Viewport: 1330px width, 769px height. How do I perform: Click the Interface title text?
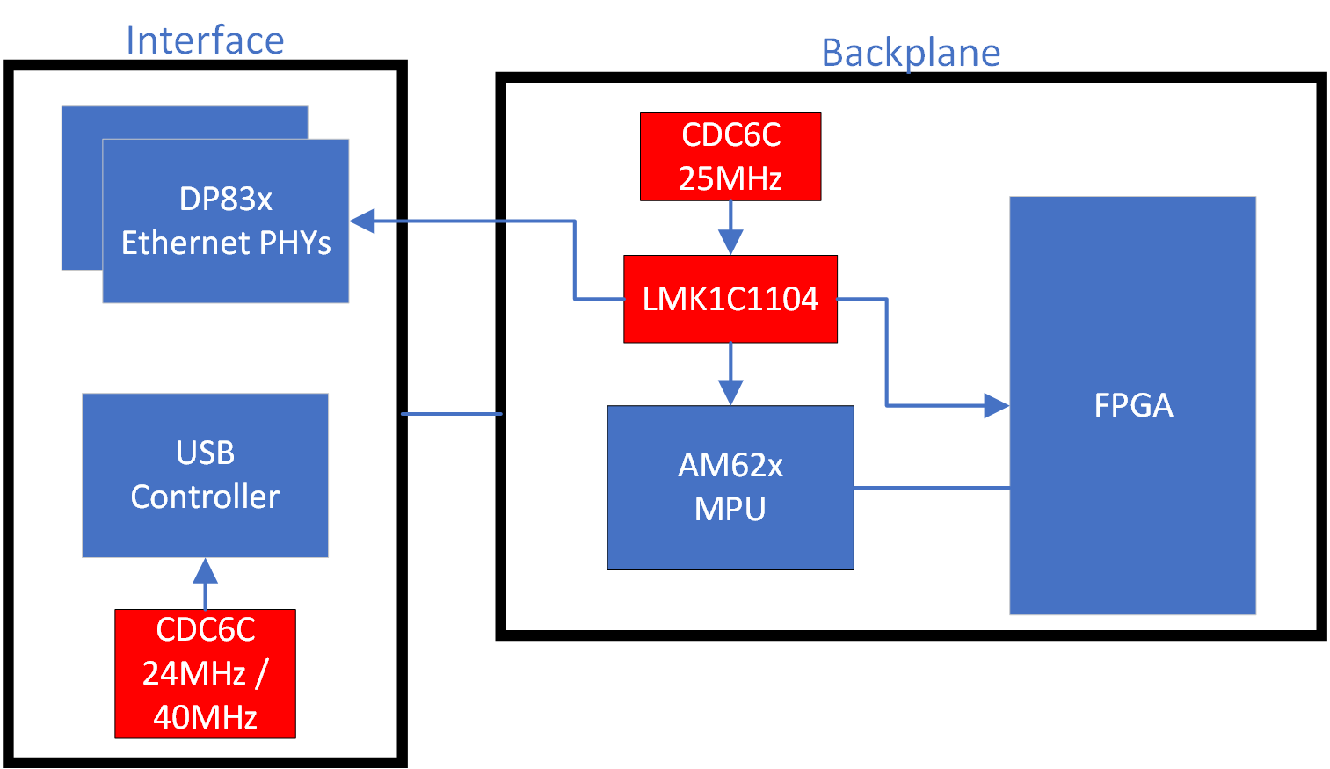pyautogui.click(x=205, y=40)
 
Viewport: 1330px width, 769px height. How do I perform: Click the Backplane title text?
pyautogui.click(x=911, y=53)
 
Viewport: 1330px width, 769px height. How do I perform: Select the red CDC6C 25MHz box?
pyautogui.click(x=730, y=156)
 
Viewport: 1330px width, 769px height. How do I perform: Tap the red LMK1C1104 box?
pyautogui.click(x=730, y=299)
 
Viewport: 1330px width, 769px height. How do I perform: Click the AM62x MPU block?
pyautogui.click(x=730, y=488)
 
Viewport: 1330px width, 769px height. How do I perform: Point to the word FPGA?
pyautogui.click(x=1133, y=405)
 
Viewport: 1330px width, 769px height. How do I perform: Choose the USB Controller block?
pyautogui.click(x=205, y=475)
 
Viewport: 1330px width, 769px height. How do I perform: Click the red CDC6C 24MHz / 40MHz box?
pyautogui.click(x=205, y=673)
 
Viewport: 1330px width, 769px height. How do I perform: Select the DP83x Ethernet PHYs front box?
pyautogui.click(x=226, y=221)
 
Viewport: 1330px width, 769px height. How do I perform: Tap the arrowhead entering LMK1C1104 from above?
pyautogui.click(x=730, y=242)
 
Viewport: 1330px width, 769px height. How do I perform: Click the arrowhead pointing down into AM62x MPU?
pyautogui.click(x=730, y=392)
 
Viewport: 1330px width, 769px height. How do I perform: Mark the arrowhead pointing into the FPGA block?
pyautogui.click(x=996, y=405)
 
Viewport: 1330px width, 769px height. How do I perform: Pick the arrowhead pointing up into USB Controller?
pyautogui.click(x=205, y=571)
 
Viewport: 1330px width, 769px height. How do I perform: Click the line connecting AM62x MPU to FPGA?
pyautogui.click(x=932, y=487)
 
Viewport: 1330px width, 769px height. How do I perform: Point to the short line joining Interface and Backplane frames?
pyautogui.click(x=451, y=413)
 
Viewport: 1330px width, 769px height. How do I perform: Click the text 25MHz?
pyautogui.click(x=730, y=178)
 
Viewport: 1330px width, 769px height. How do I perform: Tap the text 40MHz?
pyautogui.click(x=205, y=717)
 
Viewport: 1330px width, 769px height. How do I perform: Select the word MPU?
pyautogui.click(x=730, y=509)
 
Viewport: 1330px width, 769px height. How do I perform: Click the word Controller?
pyautogui.click(x=205, y=497)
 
